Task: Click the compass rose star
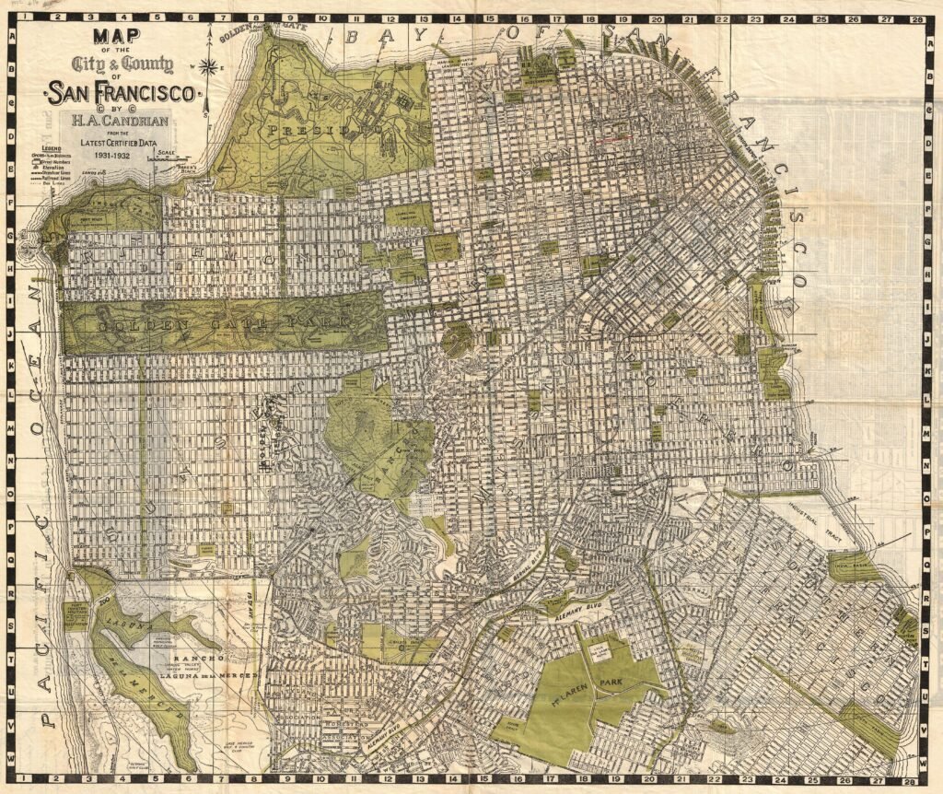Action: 210,66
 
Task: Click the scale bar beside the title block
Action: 167,158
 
